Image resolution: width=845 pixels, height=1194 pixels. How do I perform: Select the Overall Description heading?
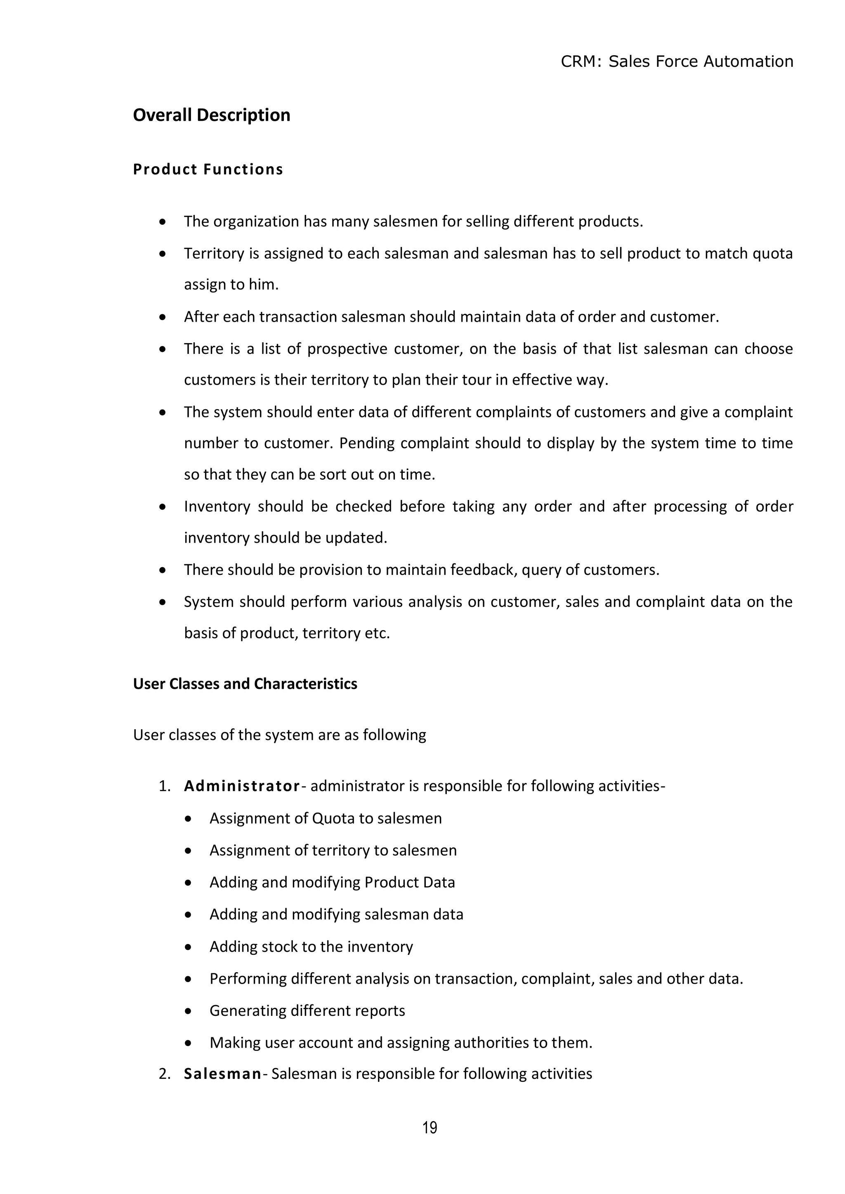coord(211,115)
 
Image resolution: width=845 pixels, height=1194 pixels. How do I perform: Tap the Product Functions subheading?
coord(208,170)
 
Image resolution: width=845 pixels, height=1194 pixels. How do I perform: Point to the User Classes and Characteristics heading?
coord(245,683)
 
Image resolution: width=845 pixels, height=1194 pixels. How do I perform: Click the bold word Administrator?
coord(242,786)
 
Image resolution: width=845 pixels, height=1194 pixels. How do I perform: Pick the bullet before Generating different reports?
coord(189,1010)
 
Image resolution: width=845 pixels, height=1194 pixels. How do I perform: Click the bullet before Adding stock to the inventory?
coord(189,947)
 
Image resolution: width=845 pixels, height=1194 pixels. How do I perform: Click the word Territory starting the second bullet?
coord(214,253)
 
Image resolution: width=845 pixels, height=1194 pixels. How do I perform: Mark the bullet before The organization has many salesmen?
coord(163,222)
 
